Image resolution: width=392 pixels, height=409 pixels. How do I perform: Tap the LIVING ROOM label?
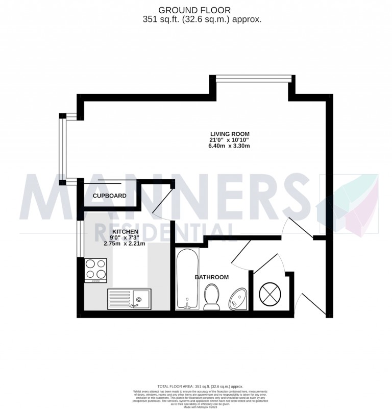pos(229,134)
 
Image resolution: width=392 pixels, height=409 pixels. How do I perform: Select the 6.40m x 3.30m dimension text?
pos(229,146)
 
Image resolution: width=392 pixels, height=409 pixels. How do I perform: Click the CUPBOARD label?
pos(109,196)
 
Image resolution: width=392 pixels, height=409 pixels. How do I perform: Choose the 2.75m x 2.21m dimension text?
pos(125,244)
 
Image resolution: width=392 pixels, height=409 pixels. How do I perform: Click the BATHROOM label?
pos(211,277)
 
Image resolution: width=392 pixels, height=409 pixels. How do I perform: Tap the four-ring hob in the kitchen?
pos(95,270)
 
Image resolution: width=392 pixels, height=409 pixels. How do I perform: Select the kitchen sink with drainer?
pos(129,299)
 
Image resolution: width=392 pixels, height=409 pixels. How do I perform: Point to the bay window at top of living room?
pos(254,78)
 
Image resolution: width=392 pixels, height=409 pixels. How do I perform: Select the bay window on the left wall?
pos(63,150)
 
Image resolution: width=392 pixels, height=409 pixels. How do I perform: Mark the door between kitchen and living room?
pos(163,200)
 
